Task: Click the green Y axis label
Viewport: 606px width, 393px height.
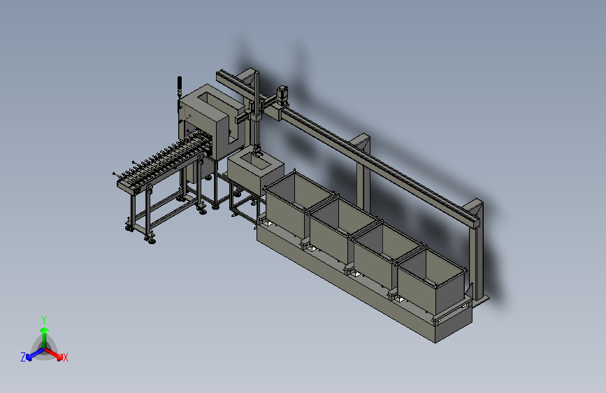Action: [x=43, y=319]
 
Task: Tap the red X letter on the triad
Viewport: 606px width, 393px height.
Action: [x=66, y=358]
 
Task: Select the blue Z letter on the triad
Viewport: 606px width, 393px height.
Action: [x=23, y=357]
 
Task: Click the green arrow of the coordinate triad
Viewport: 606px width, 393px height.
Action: [x=43, y=331]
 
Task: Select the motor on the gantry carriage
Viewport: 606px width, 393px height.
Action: [x=284, y=92]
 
